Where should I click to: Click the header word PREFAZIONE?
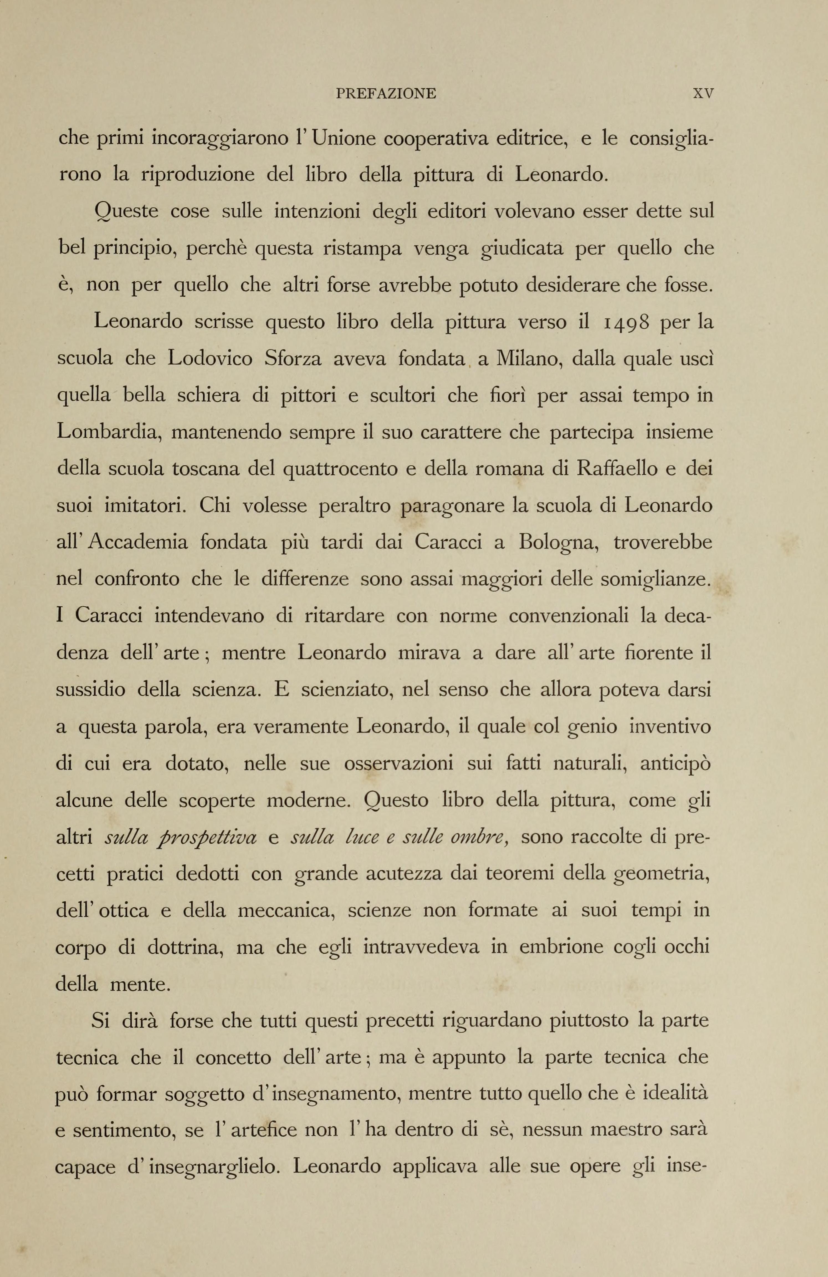(385, 94)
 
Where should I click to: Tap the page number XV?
(703, 94)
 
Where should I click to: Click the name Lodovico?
(210, 358)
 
